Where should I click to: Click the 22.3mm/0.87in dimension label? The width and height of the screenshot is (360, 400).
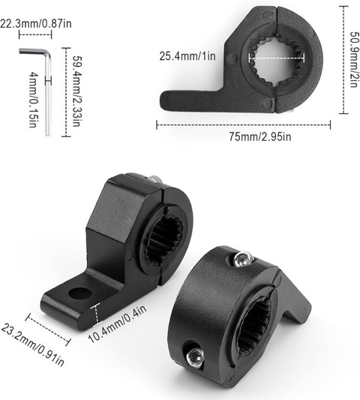click(x=36, y=23)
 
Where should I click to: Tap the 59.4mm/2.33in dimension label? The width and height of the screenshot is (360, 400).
click(x=76, y=91)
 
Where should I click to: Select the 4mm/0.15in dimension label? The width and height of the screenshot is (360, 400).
click(x=34, y=100)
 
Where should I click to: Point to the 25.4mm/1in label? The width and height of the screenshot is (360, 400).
click(x=187, y=56)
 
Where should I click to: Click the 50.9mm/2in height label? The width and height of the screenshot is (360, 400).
click(x=354, y=59)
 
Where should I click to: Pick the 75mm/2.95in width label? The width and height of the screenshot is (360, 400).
click(x=259, y=137)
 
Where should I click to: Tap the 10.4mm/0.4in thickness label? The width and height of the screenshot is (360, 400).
click(x=118, y=324)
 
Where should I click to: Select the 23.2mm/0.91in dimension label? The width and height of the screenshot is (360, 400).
click(x=32, y=345)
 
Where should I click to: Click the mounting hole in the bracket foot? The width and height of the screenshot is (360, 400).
click(x=80, y=293)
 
